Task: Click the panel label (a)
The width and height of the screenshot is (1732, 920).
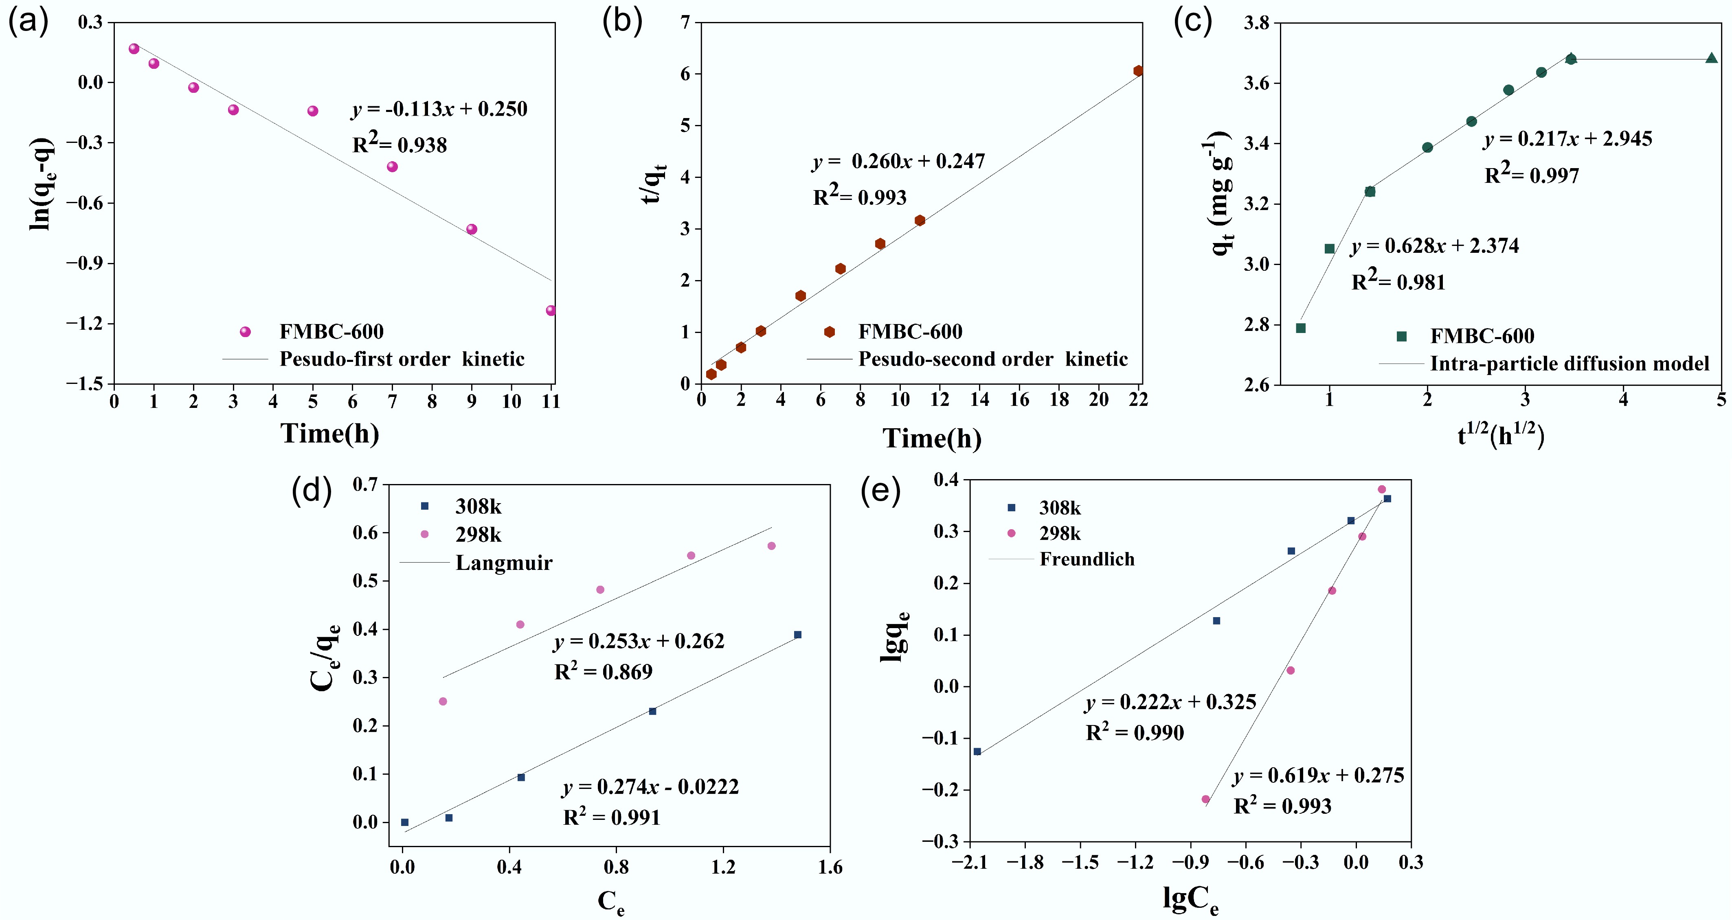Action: click(28, 22)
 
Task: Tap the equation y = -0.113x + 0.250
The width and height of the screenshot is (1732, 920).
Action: click(439, 109)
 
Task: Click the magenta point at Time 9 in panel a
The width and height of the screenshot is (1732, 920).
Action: click(471, 229)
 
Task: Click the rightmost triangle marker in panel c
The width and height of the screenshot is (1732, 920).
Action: click(1711, 59)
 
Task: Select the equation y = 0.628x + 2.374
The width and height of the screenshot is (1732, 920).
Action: click(1434, 246)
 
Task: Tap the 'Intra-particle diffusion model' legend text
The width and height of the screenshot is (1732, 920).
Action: click(1569, 364)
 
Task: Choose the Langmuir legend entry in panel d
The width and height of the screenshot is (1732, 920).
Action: click(504, 563)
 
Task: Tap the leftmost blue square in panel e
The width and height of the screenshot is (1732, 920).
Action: click(977, 751)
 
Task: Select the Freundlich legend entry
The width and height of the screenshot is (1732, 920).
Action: click(1087, 559)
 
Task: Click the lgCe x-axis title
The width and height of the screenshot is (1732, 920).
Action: click(1190, 899)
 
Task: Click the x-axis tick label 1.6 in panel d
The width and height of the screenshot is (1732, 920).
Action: click(830, 867)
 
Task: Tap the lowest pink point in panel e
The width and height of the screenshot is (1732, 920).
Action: click(1205, 799)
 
